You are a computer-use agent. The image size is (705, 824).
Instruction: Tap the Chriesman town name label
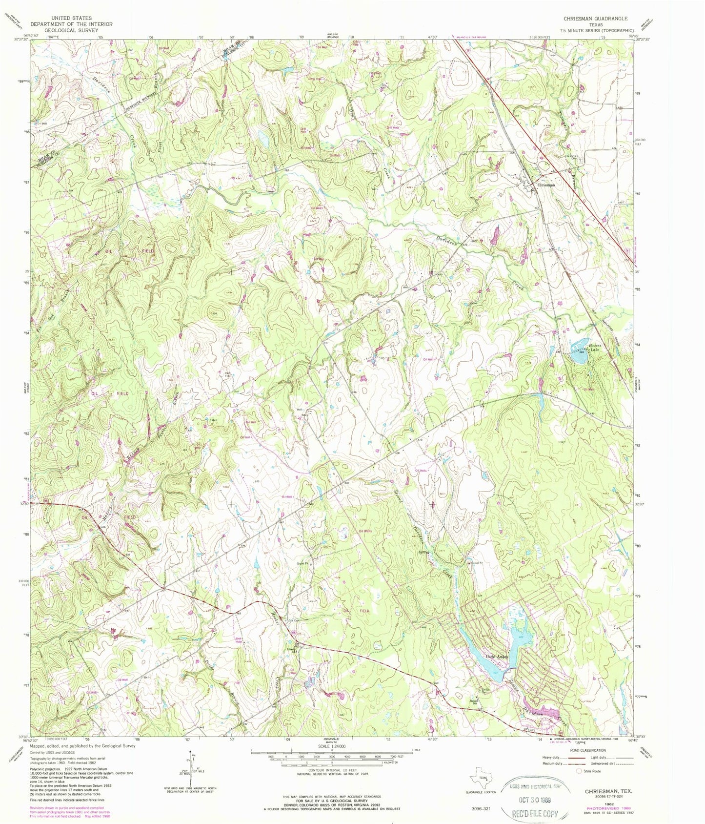coord(546,185)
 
